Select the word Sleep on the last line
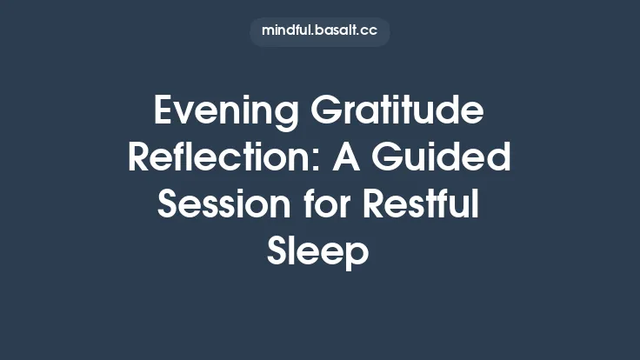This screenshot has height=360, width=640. click(320, 254)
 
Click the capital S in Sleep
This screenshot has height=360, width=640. click(278, 252)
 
